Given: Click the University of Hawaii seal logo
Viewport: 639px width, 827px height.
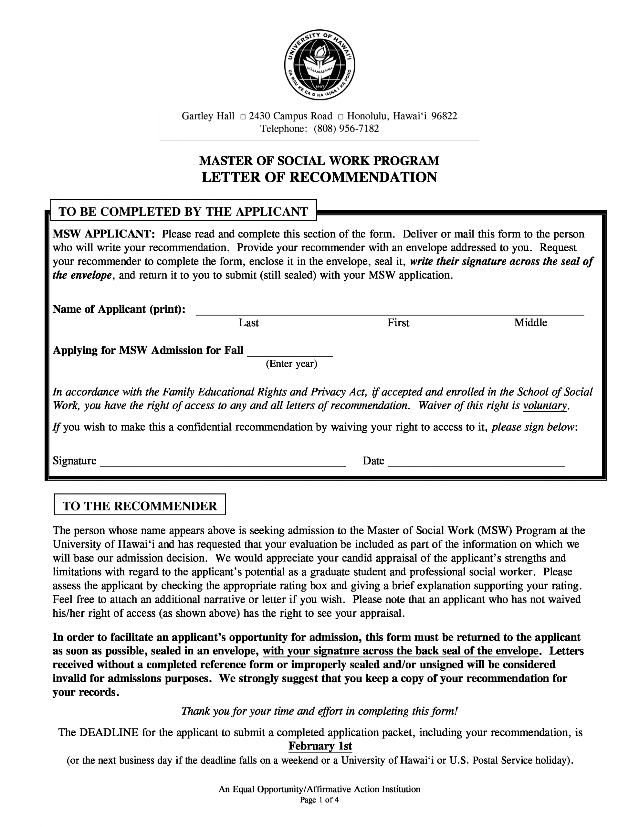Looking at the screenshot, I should [319, 64].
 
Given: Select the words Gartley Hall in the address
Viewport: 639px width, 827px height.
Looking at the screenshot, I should [208, 116].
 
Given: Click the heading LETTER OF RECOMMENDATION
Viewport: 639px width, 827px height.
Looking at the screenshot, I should [319, 177].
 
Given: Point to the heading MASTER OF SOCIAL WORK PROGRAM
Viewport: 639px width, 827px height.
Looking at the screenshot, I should [319, 161].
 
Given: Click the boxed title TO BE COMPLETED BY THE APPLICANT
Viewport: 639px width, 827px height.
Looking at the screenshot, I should [183, 211].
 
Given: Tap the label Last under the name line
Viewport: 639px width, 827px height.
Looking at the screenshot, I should [248, 323].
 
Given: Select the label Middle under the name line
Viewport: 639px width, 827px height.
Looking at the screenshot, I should [530, 323].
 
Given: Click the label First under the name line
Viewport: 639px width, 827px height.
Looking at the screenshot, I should [398, 323].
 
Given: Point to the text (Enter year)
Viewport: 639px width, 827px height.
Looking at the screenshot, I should [291, 364].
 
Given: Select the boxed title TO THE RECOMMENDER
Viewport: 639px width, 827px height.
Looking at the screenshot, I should [140, 506].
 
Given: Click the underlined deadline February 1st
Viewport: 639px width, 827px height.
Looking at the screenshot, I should [320, 746].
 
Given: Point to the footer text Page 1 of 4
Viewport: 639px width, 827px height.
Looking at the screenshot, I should [319, 800].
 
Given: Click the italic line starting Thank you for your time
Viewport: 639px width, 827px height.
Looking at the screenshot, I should [319, 711].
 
